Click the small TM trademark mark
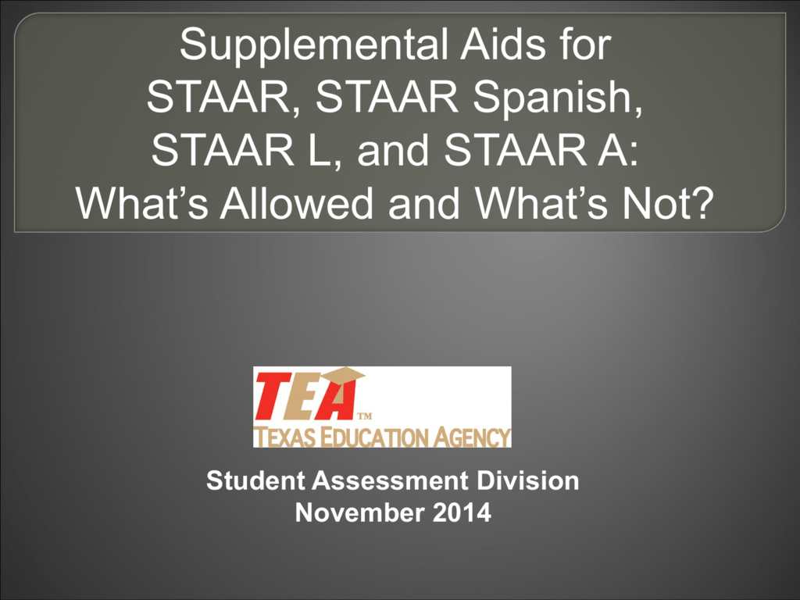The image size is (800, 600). coord(363,415)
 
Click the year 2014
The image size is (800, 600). coord(464,513)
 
